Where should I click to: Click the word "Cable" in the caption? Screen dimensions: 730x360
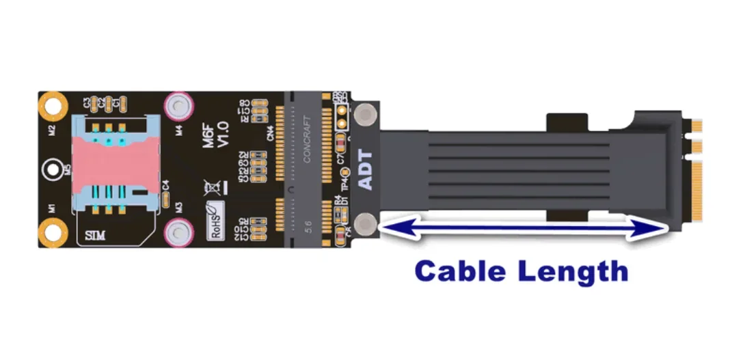(460, 271)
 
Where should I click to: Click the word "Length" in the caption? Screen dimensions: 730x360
(573, 271)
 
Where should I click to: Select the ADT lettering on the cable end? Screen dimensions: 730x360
(366, 169)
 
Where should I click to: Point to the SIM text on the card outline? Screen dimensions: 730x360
(95, 236)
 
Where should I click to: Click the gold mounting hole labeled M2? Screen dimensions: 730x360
(50, 104)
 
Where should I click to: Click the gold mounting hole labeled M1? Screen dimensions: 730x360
(50, 234)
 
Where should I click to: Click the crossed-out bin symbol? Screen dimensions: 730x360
(213, 186)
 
